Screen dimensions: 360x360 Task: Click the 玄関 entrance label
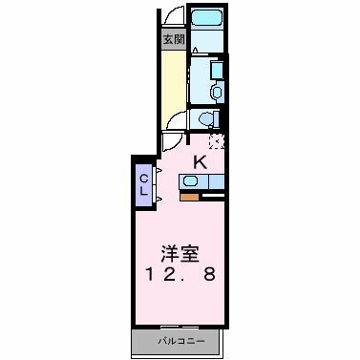[173, 39]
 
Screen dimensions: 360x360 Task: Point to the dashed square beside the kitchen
[217, 142]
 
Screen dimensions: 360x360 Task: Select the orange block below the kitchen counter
[189, 198]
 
